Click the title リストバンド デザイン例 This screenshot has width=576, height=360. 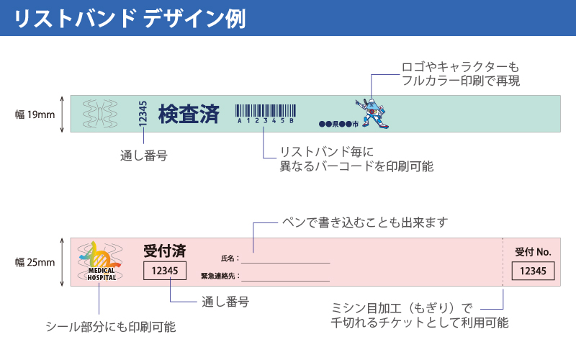[x=130, y=18]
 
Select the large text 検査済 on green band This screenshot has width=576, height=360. [x=189, y=114]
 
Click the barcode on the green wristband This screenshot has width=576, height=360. [x=266, y=112]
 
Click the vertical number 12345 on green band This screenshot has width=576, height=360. [x=143, y=114]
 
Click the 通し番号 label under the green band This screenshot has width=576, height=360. [x=143, y=156]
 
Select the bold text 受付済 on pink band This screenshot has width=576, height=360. [x=165, y=251]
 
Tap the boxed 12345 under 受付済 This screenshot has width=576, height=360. [x=165, y=271]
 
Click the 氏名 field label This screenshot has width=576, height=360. [x=229, y=258]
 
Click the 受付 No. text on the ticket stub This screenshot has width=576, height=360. [x=534, y=252]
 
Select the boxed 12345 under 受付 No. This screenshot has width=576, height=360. [x=534, y=271]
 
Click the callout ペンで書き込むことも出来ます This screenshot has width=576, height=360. [x=364, y=221]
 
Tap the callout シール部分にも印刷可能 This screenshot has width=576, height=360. [x=110, y=326]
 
